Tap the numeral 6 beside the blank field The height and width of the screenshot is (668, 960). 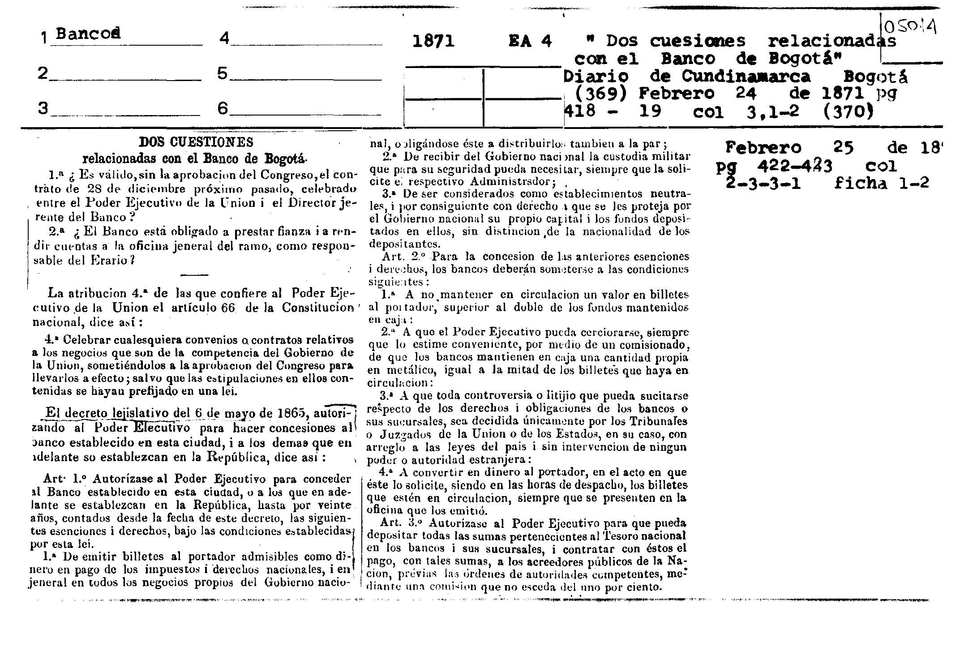coord(223,108)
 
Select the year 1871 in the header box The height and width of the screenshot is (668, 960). coord(433,42)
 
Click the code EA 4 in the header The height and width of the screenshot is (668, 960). coord(530,42)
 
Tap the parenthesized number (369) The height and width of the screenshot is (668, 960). coord(601,94)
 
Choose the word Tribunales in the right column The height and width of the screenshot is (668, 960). coord(659,421)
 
